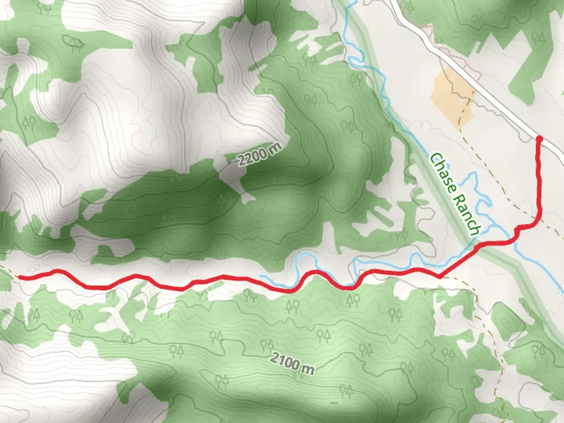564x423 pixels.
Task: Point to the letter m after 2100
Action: coord(308,369)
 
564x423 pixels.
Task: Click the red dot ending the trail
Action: coord(539,139)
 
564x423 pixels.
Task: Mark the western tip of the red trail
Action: coord(19,278)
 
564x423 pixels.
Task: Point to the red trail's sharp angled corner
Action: coord(439,277)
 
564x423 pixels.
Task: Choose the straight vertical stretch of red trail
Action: coord(540,180)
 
